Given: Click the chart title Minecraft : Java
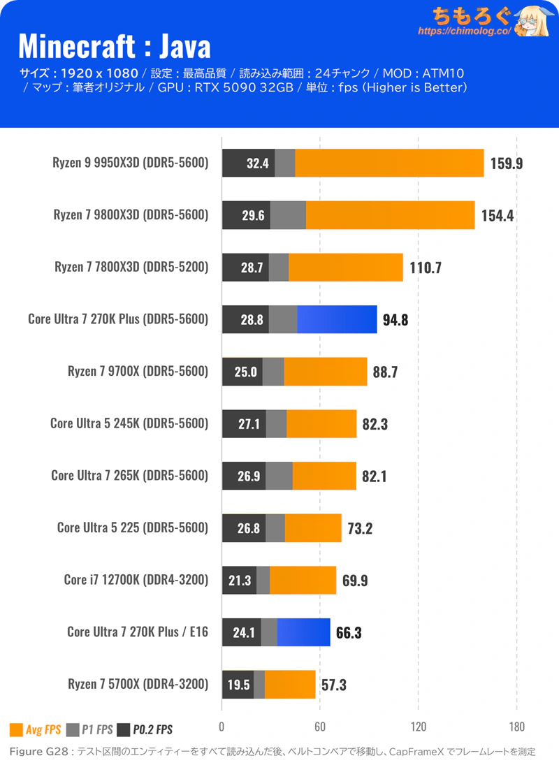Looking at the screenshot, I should pos(114,47).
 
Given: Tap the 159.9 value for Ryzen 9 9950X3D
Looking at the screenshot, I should pos(507,163).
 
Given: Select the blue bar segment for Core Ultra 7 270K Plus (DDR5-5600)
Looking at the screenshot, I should pos(337,319).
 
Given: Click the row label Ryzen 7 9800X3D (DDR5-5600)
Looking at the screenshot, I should pos(131,215).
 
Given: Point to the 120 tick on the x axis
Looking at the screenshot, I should pos(418,726).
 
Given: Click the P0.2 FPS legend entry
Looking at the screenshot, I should pos(145,730).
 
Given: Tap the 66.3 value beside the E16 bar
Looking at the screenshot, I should pos(349,632).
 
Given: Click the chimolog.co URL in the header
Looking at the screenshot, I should pos(464,31).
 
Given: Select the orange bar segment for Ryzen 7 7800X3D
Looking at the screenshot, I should pos(346,268).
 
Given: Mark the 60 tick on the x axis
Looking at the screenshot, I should pos(319,726).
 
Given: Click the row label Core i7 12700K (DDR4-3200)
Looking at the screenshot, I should pos(136,579).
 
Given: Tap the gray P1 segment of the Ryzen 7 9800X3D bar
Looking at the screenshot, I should pos(288,215).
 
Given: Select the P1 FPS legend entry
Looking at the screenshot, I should pos(89,730).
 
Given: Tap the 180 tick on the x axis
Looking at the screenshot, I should pos(516,726).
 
